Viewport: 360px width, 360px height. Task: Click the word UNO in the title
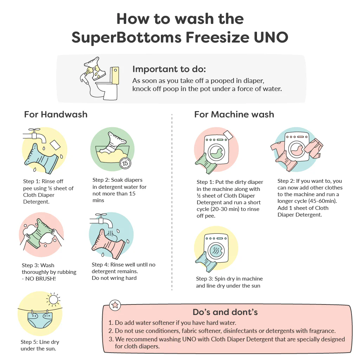click(x=271, y=37)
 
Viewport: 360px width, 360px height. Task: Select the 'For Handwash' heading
click(x=56, y=114)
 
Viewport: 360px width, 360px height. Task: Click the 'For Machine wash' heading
click(x=234, y=114)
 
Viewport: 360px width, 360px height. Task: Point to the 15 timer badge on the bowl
click(x=125, y=163)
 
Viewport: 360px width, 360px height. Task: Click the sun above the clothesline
click(x=53, y=300)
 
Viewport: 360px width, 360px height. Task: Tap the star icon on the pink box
click(x=115, y=305)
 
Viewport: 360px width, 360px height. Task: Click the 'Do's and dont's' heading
click(x=225, y=312)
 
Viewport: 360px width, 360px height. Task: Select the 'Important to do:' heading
click(x=169, y=69)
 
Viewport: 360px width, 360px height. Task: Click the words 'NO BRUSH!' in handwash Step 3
click(x=40, y=279)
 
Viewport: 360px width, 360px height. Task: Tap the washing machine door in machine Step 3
click(x=216, y=250)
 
